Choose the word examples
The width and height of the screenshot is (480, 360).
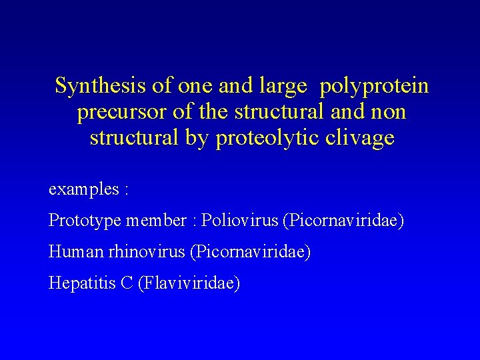tap(83, 189)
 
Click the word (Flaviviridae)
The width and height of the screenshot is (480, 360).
tap(189, 283)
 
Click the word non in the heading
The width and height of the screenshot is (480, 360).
tap(389, 112)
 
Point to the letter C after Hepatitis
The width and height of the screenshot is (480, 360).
tap(127, 283)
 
